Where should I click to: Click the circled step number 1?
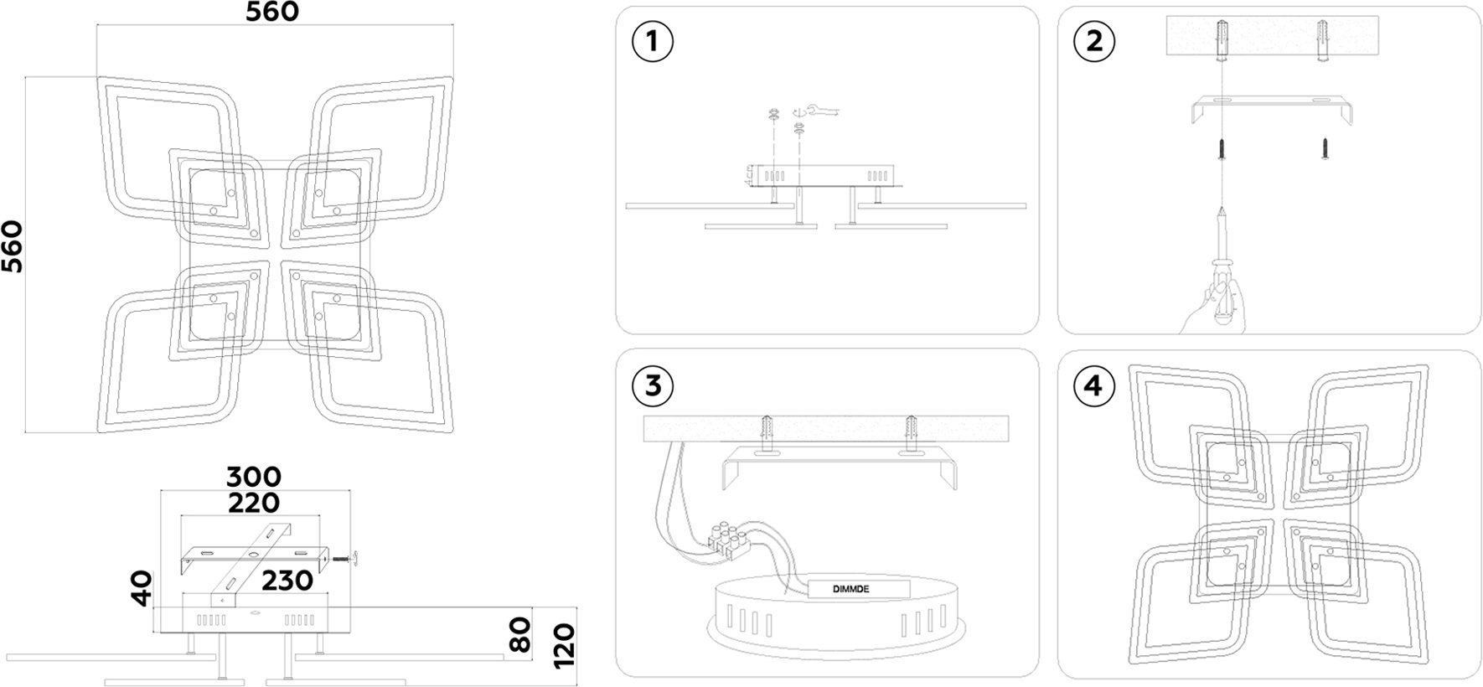652,42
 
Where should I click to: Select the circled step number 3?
652,385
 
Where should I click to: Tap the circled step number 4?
1093,385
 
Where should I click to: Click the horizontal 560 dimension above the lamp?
272,12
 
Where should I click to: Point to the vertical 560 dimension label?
13,246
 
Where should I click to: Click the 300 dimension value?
254,477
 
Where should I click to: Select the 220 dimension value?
254,503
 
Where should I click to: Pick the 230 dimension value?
287,581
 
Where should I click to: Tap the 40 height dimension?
142,588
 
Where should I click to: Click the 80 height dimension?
520,634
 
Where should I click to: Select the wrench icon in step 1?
820,110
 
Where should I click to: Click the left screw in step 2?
1222,149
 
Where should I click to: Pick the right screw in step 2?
1325,149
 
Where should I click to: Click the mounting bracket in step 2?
1272,107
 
